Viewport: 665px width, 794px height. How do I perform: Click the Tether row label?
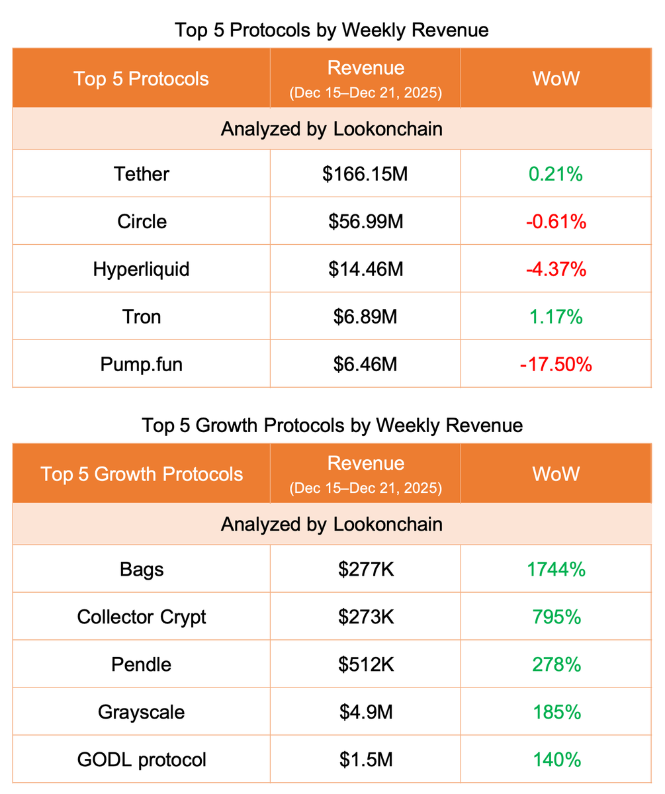click(142, 173)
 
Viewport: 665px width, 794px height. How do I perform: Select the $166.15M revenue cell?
click(365, 173)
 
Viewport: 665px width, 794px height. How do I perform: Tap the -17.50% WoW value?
click(556, 364)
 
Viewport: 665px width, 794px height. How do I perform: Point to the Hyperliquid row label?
click(142, 269)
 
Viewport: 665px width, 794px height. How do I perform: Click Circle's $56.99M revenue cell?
click(365, 221)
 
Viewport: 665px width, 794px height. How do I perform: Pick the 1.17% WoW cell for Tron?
click(556, 316)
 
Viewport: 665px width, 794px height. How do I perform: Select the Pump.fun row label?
click(142, 364)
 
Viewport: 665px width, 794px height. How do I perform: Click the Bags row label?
click(142, 569)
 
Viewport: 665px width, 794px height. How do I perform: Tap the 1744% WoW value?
click(556, 569)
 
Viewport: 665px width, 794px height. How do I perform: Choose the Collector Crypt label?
click(142, 617)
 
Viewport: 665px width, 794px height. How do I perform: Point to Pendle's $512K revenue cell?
click(365, 664)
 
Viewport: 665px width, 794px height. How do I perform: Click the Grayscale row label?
click(142, 712)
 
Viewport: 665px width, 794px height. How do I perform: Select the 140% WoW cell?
click(556, 760)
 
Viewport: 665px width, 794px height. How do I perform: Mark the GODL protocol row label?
click(142, 760)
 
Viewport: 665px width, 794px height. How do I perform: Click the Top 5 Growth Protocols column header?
click(142, 474)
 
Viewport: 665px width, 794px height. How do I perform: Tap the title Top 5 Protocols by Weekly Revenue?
click(332, 30)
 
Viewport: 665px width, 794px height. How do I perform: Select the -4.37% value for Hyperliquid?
click(556, 269)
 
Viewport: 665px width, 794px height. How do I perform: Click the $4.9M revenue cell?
click(365, 712)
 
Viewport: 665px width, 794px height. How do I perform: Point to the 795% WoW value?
click(556, 617)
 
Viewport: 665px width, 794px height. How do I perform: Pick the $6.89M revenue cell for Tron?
click(365, 316)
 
